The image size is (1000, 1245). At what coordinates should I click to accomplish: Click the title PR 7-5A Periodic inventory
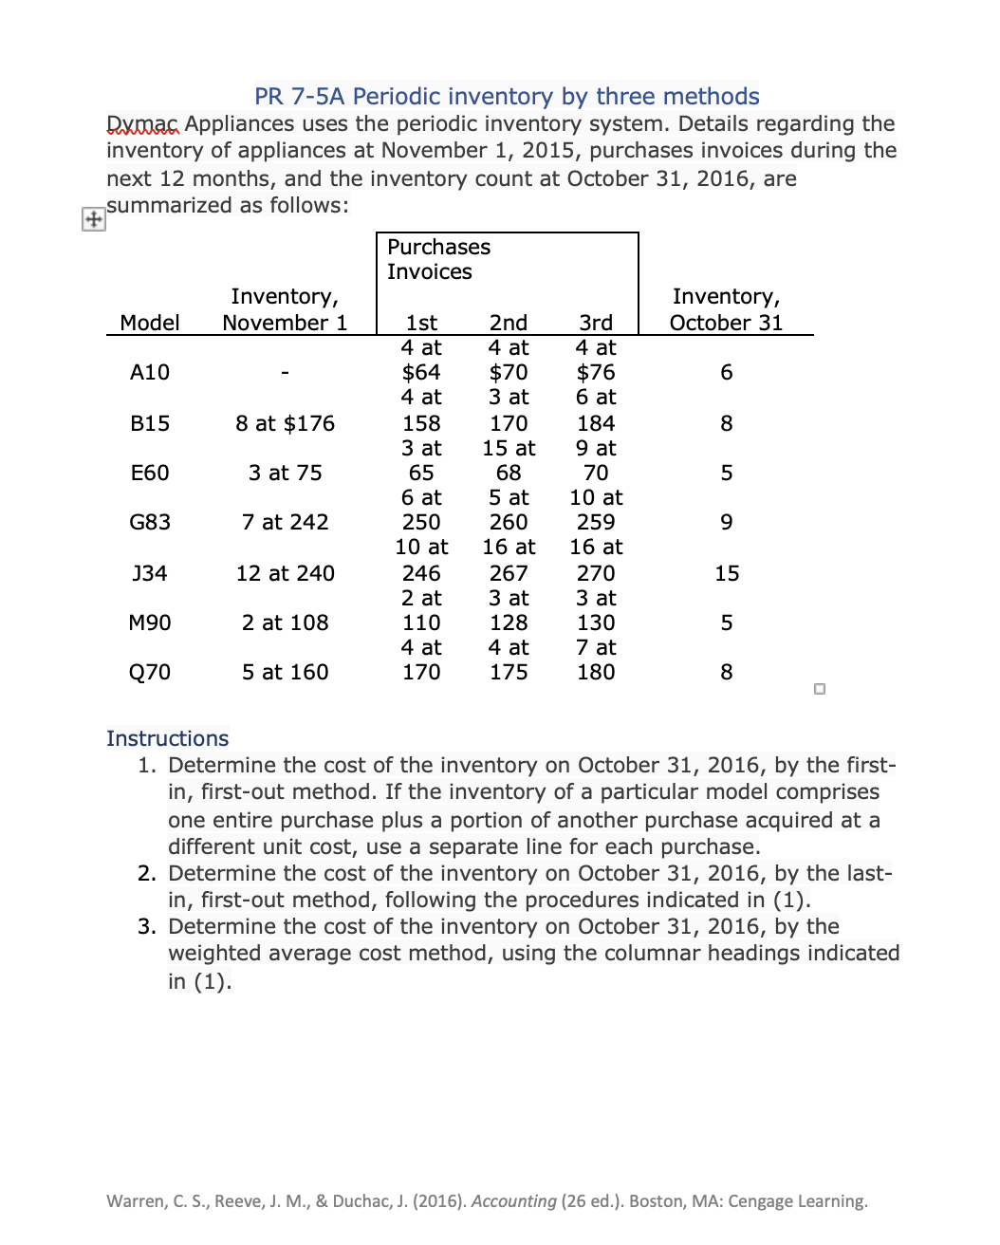click(507, 97)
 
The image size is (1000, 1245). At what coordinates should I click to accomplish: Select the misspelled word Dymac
click(142, 124)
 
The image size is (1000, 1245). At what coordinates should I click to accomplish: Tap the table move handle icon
click(93, 219)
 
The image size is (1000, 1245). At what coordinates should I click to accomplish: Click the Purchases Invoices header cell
click(438, 259)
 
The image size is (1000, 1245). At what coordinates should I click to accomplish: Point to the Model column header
click(150, 323)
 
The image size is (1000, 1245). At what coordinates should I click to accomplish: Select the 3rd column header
click(596, 323)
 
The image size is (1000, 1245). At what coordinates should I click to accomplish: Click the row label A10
click(150, 372)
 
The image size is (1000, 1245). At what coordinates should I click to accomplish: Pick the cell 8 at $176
click(285, 423)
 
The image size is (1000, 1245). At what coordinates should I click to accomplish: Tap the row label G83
click(150, 522)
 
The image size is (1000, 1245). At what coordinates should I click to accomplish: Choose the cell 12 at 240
click(285, 573)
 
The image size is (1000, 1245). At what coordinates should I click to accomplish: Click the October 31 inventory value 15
click(727, 573)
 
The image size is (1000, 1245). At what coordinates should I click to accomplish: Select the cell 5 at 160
click(285, 672)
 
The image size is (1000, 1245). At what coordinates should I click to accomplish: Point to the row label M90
click(150, 622)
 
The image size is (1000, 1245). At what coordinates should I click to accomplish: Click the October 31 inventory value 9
click(727, 522)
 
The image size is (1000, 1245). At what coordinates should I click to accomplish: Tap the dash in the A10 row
click(285, 373)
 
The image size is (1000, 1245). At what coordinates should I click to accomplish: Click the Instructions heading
click(167, 738)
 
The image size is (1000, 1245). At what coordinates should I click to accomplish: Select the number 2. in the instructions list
click(147, 873)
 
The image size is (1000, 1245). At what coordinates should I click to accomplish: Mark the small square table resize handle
click(820, 689)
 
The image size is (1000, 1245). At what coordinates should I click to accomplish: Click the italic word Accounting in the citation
click(513, 1201)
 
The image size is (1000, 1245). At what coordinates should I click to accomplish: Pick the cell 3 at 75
click(285, 473)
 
